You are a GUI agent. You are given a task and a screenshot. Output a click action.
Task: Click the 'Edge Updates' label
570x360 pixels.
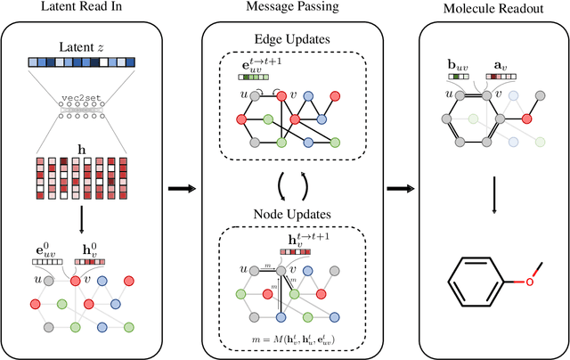295,40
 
